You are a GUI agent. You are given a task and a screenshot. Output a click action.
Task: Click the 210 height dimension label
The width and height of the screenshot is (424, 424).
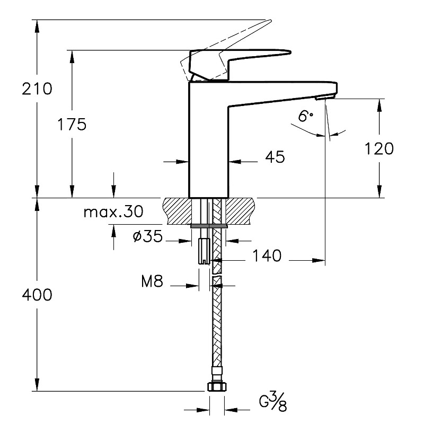pos(37,89)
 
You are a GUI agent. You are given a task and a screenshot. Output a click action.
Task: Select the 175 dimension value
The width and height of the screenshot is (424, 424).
pos(72,125)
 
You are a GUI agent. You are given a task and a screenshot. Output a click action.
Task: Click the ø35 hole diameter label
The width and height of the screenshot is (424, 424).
pos(147,237)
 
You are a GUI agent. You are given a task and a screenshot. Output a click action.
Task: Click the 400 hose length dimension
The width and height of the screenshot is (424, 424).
pos(37,295)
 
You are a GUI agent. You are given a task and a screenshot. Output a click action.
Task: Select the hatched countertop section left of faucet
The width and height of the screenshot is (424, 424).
pos(176,209)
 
